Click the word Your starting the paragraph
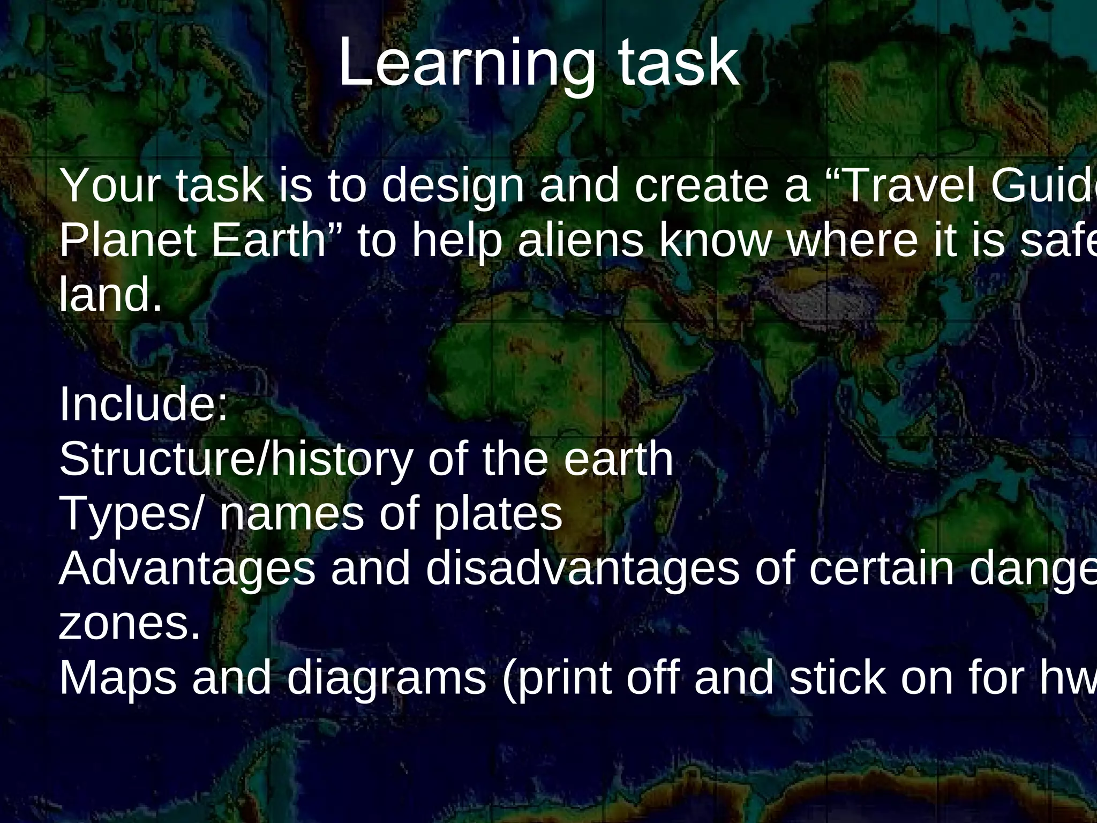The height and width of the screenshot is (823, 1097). [110, 186]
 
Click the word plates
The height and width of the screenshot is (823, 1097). [498, 514]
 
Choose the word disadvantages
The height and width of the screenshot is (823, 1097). [583, 569]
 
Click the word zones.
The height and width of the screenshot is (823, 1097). [129, 625]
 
